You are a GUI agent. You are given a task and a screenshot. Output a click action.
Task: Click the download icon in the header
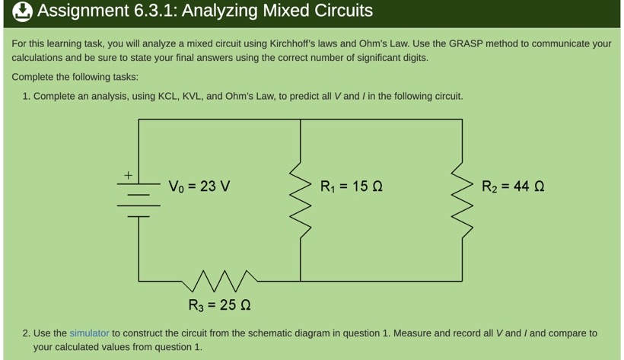(x=22, y=11)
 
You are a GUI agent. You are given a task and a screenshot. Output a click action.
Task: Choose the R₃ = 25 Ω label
(x=220, y=305)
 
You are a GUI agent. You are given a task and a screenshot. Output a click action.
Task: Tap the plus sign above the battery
(x=129, y=176)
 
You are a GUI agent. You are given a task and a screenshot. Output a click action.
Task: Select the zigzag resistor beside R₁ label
(x=301, y=199)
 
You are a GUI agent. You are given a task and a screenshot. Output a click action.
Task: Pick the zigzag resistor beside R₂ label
(x=462, y=199)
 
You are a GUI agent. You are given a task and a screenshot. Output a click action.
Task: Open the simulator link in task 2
(x=89, y=333)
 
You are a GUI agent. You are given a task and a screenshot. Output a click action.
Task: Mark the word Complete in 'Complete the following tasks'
(x=34, y=77)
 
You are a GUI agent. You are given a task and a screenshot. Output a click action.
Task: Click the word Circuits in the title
(x=339, y=11)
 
